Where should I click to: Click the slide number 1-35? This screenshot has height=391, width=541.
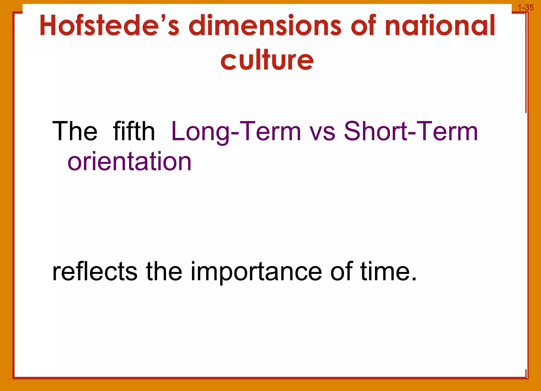(x=526, y=8)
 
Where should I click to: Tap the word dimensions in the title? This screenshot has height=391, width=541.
(x=265, y=26)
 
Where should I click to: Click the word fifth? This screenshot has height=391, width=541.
(x=134, y=131)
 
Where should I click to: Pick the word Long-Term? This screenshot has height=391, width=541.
(x=236, y=131)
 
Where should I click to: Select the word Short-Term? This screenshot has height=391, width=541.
(x=411, y=131)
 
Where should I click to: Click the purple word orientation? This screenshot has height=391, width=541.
(x=129, y=162)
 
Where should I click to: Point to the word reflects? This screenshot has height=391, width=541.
(x=95, y=272)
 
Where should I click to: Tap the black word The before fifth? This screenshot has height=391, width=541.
(x=75, y=131)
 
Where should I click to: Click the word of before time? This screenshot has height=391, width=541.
(x=341, y=272)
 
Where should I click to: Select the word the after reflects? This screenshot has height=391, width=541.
(x=164, y=272)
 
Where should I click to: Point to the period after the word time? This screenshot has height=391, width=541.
(x=414, y=279)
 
